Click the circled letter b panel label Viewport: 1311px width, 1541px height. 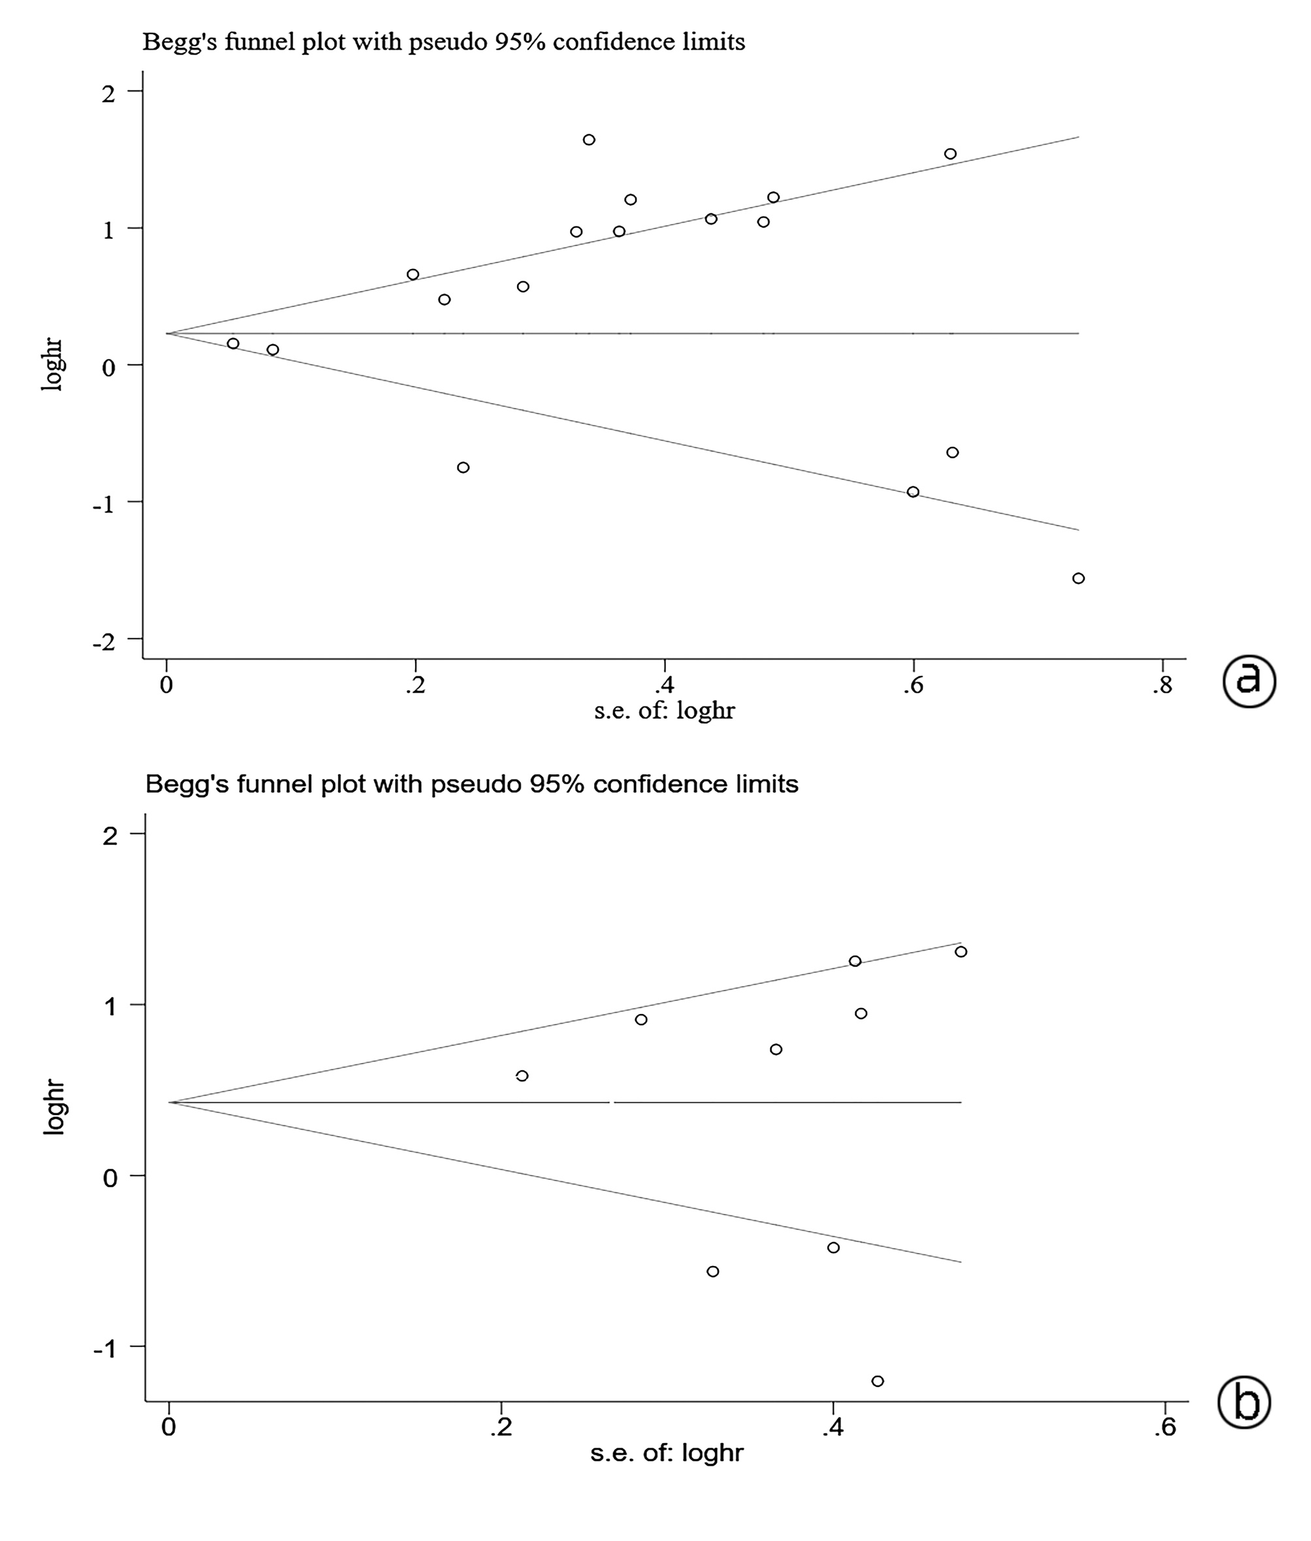click(1245, 1403)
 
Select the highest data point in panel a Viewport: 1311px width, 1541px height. click(589, 140)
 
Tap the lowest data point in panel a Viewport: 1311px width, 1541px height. click(1079, 579)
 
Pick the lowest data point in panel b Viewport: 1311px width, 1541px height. click(877, 1381)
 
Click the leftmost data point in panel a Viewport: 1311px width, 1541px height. click(233, 343)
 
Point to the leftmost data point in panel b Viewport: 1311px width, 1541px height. click(522, 1075)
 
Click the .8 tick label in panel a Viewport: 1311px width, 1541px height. click(1161, 686)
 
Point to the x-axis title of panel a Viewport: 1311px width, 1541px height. click(664, 711)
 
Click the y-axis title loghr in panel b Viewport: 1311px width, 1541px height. click(54, 1107)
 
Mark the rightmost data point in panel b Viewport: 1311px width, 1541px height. click(961, 951)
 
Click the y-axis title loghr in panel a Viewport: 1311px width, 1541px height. click(53, 364)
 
